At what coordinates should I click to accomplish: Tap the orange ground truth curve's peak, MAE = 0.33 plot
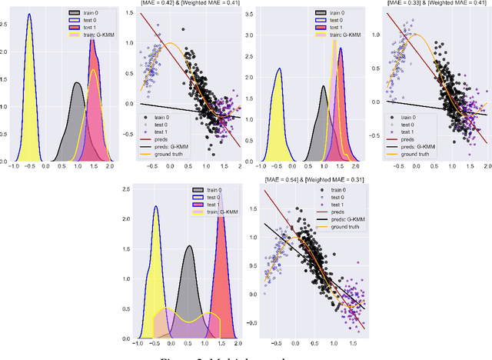416,35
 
